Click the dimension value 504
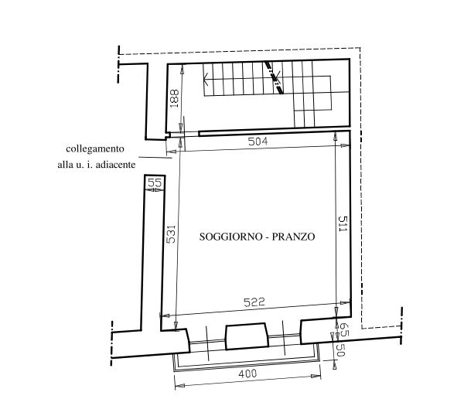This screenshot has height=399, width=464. (x=258, y=142)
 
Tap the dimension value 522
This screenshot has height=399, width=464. (x=254, y=302)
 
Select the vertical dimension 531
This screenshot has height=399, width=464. (x=171, y=234)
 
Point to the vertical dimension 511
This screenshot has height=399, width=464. (x=343, y=223)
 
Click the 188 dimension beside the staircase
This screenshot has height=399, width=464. (x=174, y=98)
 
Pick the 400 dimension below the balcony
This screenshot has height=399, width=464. (x=247, y=373)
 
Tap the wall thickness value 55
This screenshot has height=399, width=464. (x=155, y=182)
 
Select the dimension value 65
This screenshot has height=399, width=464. (x=343, y=329)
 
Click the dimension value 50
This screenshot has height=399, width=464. (x=341, y=350)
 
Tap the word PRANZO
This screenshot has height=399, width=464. (x=293, y=237)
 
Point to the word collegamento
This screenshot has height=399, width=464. (x=95, y=148)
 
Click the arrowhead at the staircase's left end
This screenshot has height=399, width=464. (x=206, y=79)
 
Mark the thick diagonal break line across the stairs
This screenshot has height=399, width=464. (x=274, y=77)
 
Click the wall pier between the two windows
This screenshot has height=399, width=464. (x=247, y=336)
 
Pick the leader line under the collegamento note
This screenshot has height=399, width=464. (x=155, y=158)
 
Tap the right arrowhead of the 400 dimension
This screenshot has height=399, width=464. (x=316, y=377)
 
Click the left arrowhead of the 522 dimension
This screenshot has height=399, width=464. (x=165, y=315)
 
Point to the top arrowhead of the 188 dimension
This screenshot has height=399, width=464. (x=182, y=69)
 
